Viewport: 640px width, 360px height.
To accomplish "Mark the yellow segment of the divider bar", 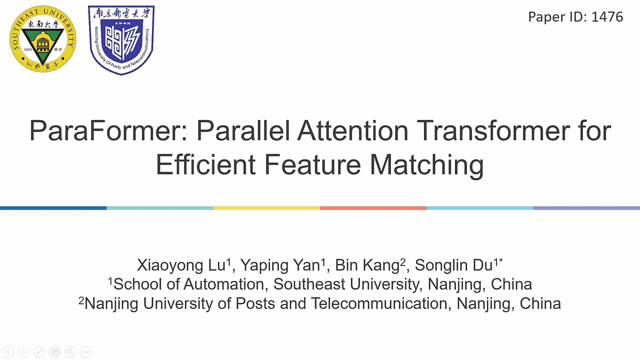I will (x=267, y=207).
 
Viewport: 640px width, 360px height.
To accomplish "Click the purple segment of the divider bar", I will (x=587, y=207).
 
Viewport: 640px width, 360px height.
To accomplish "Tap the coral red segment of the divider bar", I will (x=373, y=207).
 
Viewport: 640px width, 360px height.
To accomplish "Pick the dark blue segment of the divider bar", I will (x=53, y=207).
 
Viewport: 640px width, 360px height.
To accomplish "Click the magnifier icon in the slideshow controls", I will (x=70, y=351).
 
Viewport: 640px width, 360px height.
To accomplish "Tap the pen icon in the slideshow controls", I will (x=38, y=351).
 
